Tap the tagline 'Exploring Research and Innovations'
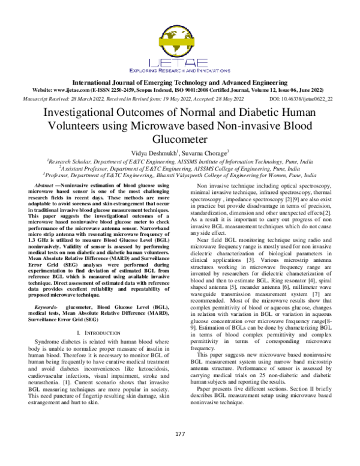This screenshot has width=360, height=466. pos(179,70)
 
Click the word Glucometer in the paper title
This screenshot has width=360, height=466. pos(179,140)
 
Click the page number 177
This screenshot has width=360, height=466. pos(179,434)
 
